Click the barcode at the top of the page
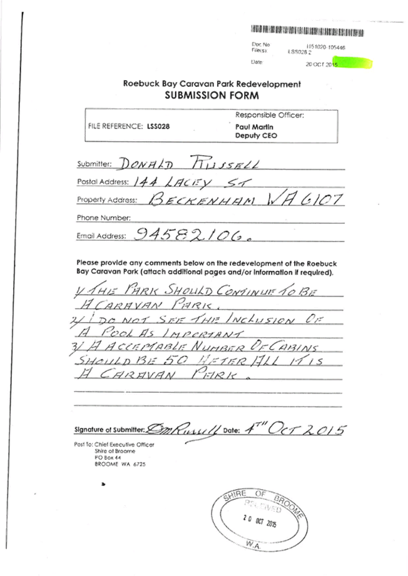[x=298, y=30]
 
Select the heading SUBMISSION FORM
[x=211, y=96]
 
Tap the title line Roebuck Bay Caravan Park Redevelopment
[x=212, y=84]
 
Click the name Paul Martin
[x=250, y=126]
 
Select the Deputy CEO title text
[x=256, y=135]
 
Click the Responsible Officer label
[x=269, y=116]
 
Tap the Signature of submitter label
[x=110, y=430]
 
